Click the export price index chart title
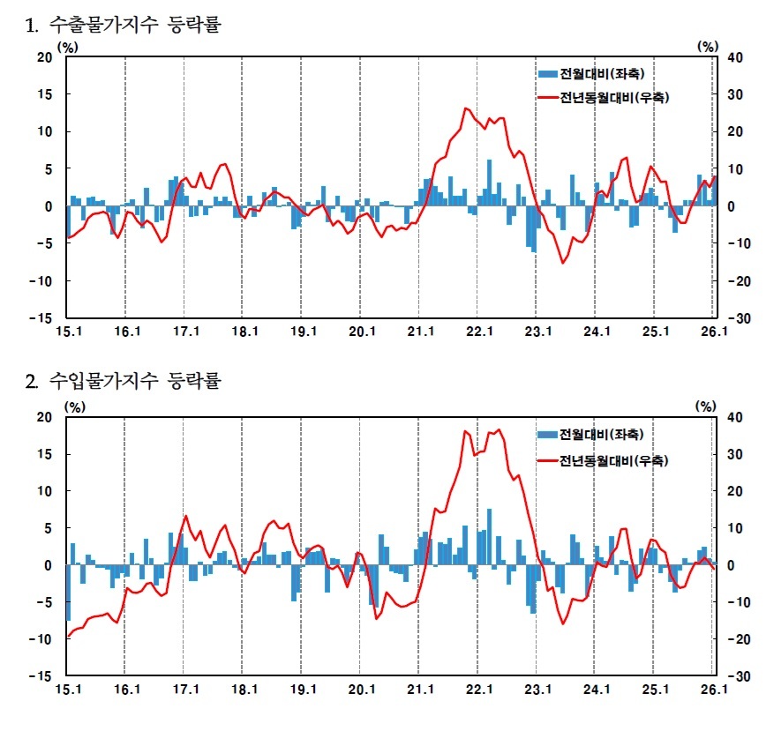coord(124,25)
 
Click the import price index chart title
coord(124,382)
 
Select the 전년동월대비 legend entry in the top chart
coord(603,98)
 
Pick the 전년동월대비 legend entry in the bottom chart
coord(603,460)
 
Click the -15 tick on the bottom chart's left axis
coord(42,675)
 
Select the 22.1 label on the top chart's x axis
coord(477,332)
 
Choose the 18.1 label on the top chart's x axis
coord(243,332)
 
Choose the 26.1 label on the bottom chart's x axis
coord(713,690)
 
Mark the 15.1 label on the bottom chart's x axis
coord(68,690)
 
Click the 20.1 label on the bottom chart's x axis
coord(360,690)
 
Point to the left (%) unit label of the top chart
coord(67,46)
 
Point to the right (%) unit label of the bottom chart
coord(706,406)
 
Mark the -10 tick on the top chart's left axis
coord(42,281)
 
